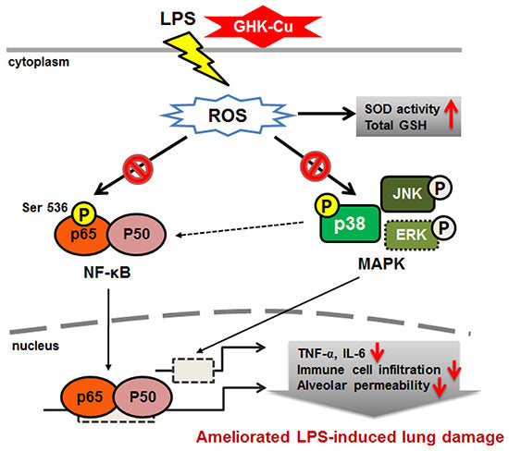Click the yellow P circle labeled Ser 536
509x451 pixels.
[x=75, y=214]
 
